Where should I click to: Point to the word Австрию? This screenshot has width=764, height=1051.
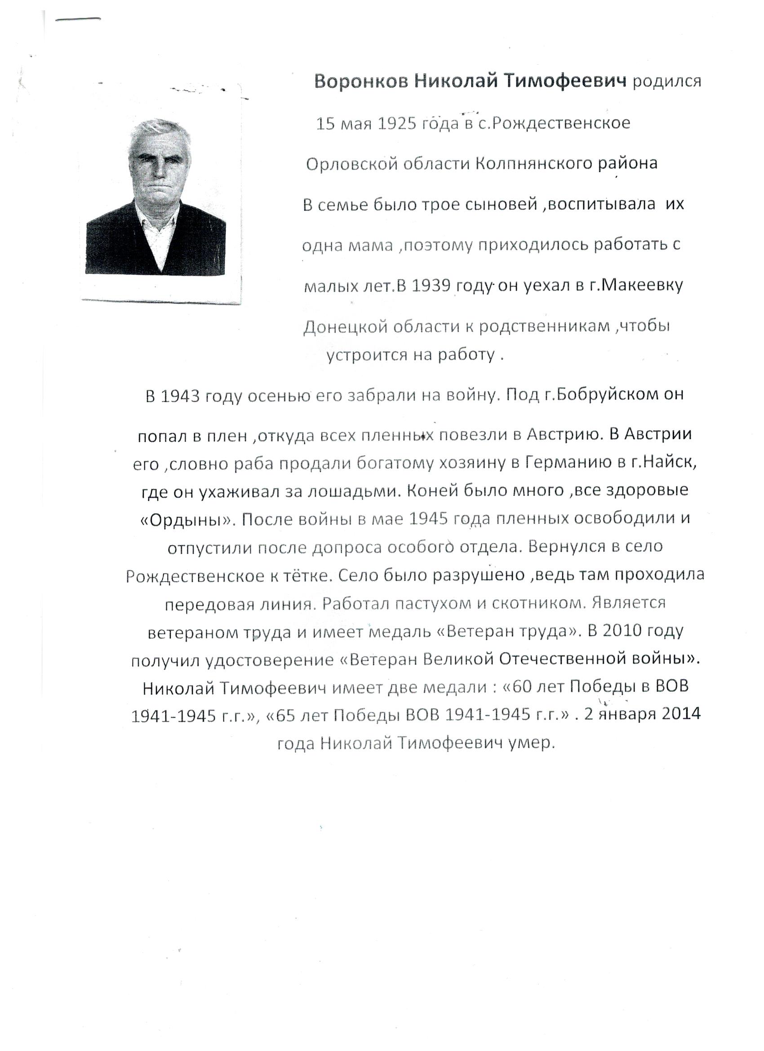pos(560,435)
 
